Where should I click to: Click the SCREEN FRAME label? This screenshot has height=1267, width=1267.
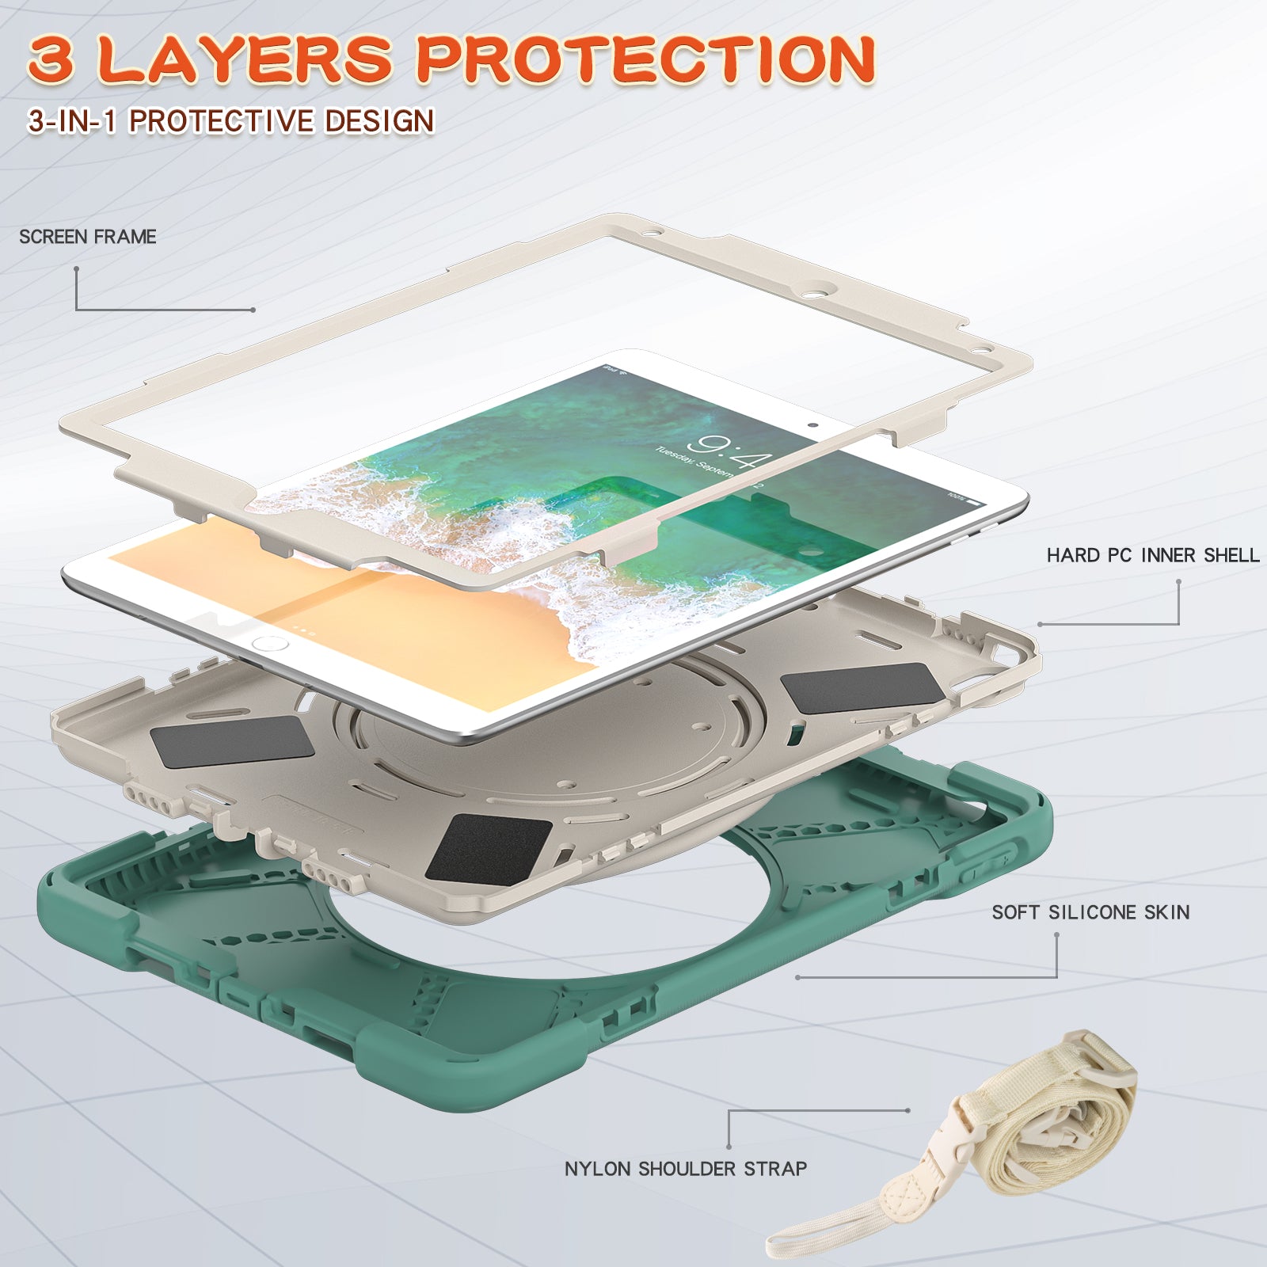pyautogui.click(x=87, y=237)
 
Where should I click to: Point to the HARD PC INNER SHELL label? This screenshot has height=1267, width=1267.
pyautogui.click(x=1152, y=555)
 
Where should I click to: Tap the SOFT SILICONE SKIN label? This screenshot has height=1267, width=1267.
pyautogui.click(x=1090, y=912)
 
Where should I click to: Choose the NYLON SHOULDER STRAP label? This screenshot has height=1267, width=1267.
pyautogui.click(x=686, y=1169)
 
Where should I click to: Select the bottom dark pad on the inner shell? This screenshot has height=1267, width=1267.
pyautogui.click(x=489, y=847)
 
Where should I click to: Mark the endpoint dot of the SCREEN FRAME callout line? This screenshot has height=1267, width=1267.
pyautogui.click(x=253, y=310)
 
